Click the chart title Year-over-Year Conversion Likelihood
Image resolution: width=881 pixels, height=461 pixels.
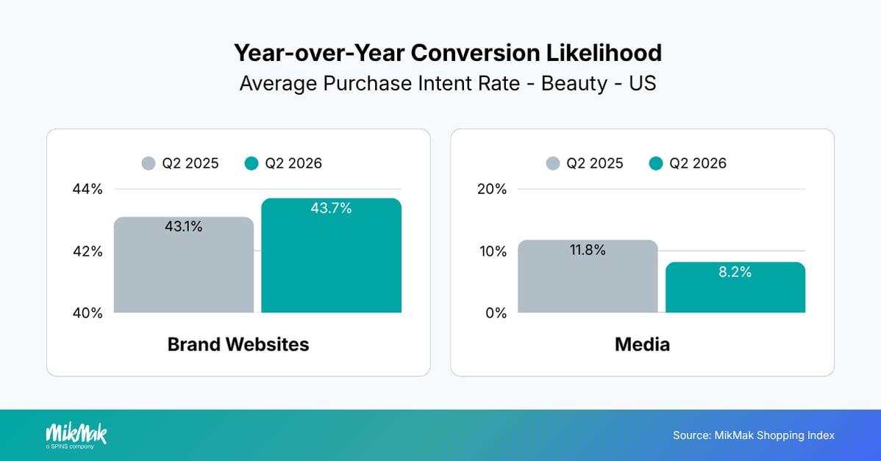[x=448, y=53]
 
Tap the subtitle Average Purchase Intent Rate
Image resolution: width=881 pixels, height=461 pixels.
[x=379, y=84]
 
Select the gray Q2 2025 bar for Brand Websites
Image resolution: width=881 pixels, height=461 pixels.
[x=184, y=265]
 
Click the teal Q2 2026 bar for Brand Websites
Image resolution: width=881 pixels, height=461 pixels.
[x=332, y=255]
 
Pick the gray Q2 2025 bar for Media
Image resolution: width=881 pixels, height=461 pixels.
[x=588, y=276]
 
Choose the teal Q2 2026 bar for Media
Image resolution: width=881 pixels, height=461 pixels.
[x=735, y=287]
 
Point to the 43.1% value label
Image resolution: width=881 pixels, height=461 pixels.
[x=184, y=227]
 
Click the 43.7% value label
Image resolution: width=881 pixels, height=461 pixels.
[x=332, y=208]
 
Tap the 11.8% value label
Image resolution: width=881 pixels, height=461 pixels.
[x=588, y=250]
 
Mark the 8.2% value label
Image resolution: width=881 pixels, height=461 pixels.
[x=735, y=272]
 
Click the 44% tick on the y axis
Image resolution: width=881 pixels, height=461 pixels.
[x=88, y=189]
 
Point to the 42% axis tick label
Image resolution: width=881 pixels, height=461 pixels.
[x=88, y=251]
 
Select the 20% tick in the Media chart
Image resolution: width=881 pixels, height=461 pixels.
[x=492, y=189]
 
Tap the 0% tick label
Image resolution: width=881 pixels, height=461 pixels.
[x=496, y=312]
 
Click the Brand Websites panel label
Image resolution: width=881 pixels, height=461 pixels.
[x=238, y=344]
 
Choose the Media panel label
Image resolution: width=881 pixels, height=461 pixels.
[x=642, y=344]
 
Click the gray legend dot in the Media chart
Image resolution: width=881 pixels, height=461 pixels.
[x=553, y=163]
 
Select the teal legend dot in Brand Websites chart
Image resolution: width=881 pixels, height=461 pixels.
[x=252, y=163]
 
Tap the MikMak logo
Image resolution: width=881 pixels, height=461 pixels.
[x=76, y=436]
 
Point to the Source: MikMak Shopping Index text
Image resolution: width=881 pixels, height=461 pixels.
[x=754, y=435]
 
